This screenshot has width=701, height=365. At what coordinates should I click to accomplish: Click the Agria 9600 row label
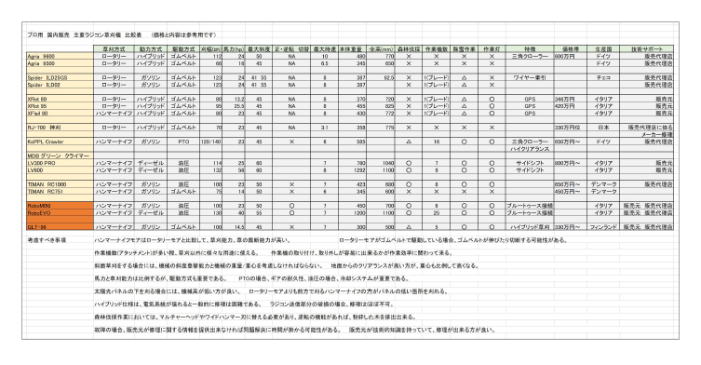click(42, 57)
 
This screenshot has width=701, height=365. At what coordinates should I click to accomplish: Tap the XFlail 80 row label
click(40, 112)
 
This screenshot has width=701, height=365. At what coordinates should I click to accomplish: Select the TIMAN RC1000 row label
click(47, 184)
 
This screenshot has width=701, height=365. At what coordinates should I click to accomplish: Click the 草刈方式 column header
click(115, 47)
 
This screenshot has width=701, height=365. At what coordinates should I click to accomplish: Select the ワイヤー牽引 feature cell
click(527, 77)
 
